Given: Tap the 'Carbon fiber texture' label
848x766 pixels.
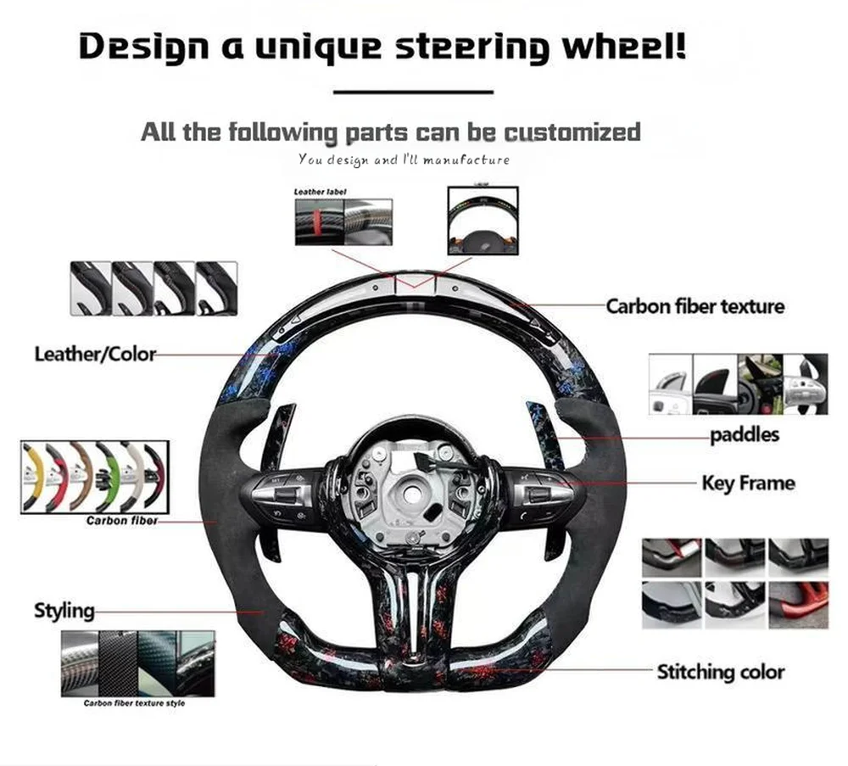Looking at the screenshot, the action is coord(695,305).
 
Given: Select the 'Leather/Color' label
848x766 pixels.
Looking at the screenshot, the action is coord(95,354).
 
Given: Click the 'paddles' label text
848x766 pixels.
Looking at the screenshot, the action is coord(744,436).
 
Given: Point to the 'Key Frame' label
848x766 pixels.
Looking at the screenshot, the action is coord(748,484).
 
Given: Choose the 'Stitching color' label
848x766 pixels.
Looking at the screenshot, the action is coord(721,672).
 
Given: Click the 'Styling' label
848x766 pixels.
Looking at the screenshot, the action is coord(64,610).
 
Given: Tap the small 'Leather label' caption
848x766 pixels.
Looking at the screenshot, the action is coord(320,192).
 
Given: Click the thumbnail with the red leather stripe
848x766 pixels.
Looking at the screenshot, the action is coord(320,222).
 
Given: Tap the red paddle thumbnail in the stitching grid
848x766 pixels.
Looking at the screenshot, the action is coord(798,604).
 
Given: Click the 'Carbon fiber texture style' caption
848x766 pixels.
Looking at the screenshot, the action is coord(134,703).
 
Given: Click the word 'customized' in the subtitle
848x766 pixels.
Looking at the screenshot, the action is coord(572,132).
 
